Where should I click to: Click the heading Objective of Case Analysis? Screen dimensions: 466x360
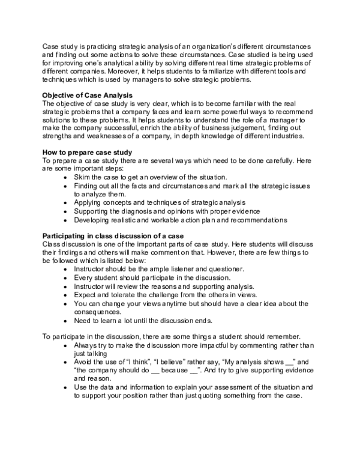[89, 94]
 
